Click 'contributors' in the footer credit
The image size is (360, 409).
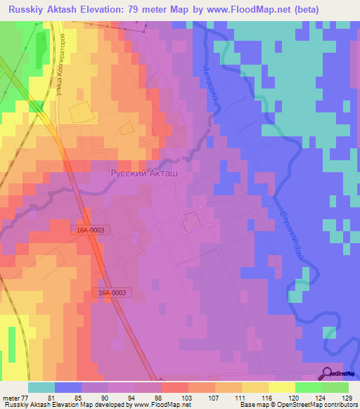[341, 405]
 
